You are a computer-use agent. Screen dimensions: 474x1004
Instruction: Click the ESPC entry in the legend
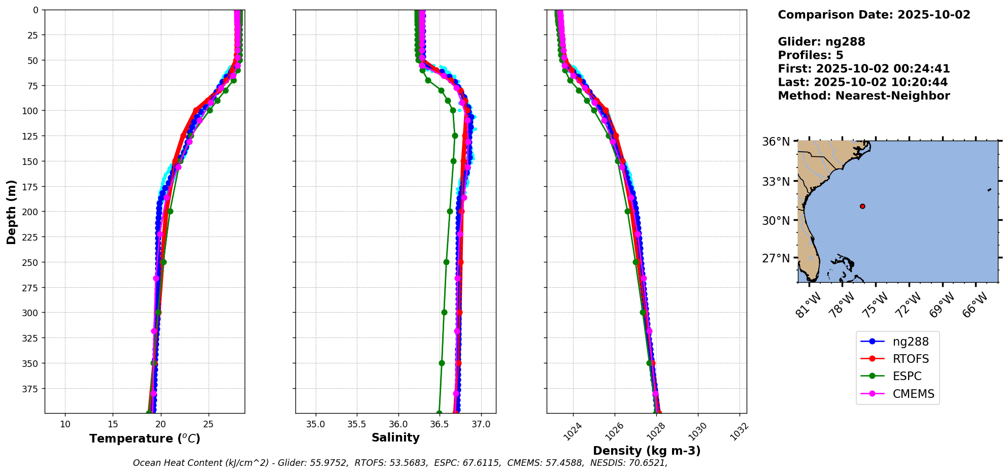click(907, 377)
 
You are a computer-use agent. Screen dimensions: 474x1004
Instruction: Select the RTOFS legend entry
click(911, 359)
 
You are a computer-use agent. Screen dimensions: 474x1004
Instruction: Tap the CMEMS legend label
click(913, 394)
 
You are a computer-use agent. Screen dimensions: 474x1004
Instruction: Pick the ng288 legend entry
click(911, 342)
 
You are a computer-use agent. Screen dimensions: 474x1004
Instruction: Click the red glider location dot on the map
click(862, 206)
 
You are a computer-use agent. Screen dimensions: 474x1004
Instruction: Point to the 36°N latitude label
click(776, 142)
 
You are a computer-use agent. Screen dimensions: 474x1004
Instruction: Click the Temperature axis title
click(145, 438)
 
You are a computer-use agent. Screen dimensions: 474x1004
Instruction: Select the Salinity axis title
click(395, 437)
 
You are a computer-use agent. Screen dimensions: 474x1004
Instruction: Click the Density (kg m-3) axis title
click(647, 451)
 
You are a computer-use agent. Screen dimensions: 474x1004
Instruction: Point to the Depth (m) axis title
click(11, 212)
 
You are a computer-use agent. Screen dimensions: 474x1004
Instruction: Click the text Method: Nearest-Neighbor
click(863, 96)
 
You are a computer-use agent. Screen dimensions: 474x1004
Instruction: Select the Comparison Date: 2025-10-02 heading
click(874, 15)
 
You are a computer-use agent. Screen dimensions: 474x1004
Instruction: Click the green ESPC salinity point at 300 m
click(444, 313)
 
